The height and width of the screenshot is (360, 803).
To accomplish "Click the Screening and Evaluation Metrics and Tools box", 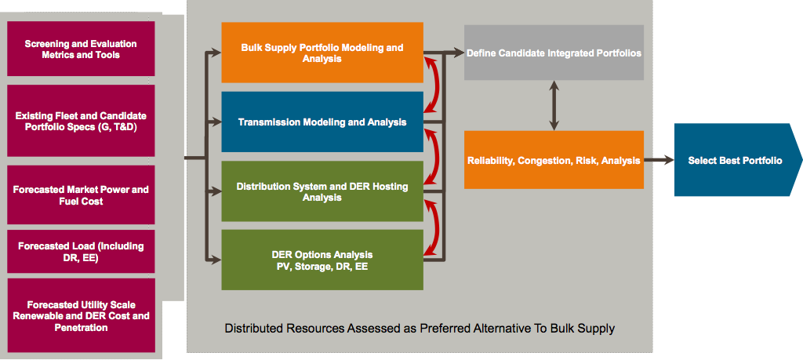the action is coord(81,49).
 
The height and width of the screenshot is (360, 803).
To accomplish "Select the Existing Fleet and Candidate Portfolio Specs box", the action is coord(81,121).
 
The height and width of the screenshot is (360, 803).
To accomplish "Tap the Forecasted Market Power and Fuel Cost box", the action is coord(81,195).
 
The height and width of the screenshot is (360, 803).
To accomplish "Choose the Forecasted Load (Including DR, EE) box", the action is coord(81,252).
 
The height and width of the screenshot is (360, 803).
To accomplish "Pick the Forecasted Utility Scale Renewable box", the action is coord(81,315).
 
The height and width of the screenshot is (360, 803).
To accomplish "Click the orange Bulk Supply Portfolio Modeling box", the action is coord(322,53).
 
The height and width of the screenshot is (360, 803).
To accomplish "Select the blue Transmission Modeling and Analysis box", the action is coord(322,122).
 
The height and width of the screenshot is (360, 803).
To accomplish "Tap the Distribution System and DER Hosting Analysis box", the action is coord(322,191).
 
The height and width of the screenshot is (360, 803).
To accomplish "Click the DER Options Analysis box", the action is coord(322,260).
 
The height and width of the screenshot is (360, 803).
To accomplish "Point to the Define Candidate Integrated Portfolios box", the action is coord(554,53).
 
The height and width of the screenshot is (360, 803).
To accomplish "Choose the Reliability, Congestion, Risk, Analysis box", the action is coord(554,160).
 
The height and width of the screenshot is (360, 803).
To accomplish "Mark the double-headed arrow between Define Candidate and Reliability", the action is coord(554,106).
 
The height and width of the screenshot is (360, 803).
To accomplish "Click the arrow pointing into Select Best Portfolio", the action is coord(659,160).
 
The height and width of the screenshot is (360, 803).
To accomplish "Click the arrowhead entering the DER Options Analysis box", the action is coord(216,260).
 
